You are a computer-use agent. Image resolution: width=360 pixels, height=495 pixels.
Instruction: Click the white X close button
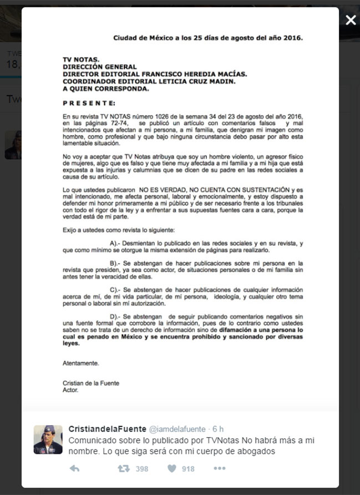(x=351, y=21)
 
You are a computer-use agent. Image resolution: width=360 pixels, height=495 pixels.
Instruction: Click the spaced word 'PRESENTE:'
(x=89, y=103)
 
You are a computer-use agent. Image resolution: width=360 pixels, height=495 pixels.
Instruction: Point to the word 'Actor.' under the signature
(x=70, y=390)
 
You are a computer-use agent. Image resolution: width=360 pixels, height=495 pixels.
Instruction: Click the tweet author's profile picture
(x=48, y=440)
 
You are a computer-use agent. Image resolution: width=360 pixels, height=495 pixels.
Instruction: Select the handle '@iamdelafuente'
(x=177, y=429)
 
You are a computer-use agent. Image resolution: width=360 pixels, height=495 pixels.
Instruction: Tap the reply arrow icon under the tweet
(x=74, y=469)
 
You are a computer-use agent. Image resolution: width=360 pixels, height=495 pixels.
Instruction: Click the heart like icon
(x=172, y=469)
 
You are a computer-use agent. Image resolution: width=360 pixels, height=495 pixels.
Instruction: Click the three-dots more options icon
(x=220, y=469)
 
